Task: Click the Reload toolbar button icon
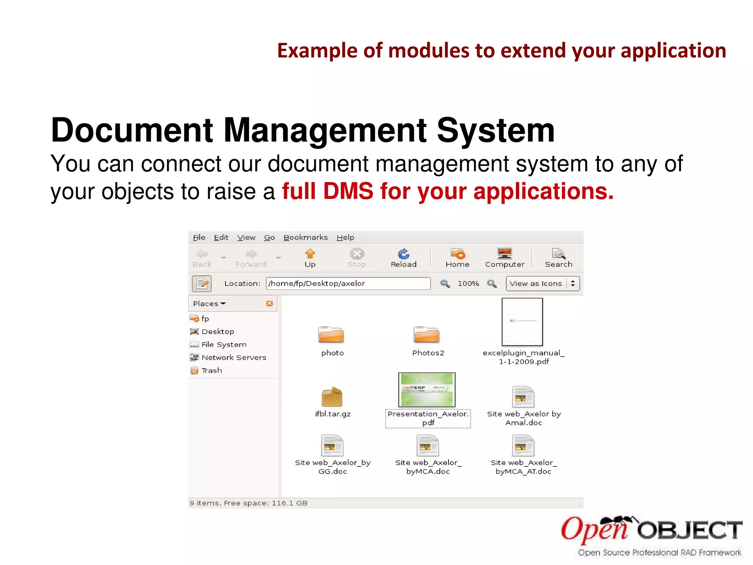click(403, 254)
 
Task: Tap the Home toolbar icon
click(457, 254)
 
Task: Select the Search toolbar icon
click(558, 254)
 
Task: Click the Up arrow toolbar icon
click(310, 254)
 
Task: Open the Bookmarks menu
click(305, 238)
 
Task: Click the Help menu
click(345, 238)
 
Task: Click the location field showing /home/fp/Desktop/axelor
click(348, 284)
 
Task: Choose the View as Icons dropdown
click(542, 284)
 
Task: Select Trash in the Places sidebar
click(211, 370)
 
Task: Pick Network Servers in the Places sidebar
click(233, 358)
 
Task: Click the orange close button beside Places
click(270, 303)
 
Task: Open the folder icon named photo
click(331, 335)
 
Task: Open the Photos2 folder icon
click(427, 335)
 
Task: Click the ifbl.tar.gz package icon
click(332, 397)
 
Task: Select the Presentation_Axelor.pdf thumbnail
click(427, 390)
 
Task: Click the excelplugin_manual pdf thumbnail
click(522, 322)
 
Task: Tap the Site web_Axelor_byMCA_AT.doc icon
click(523, 445)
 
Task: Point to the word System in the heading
click(495, 130)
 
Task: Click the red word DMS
click(348, 191)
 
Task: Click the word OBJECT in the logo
click(689, 530)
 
